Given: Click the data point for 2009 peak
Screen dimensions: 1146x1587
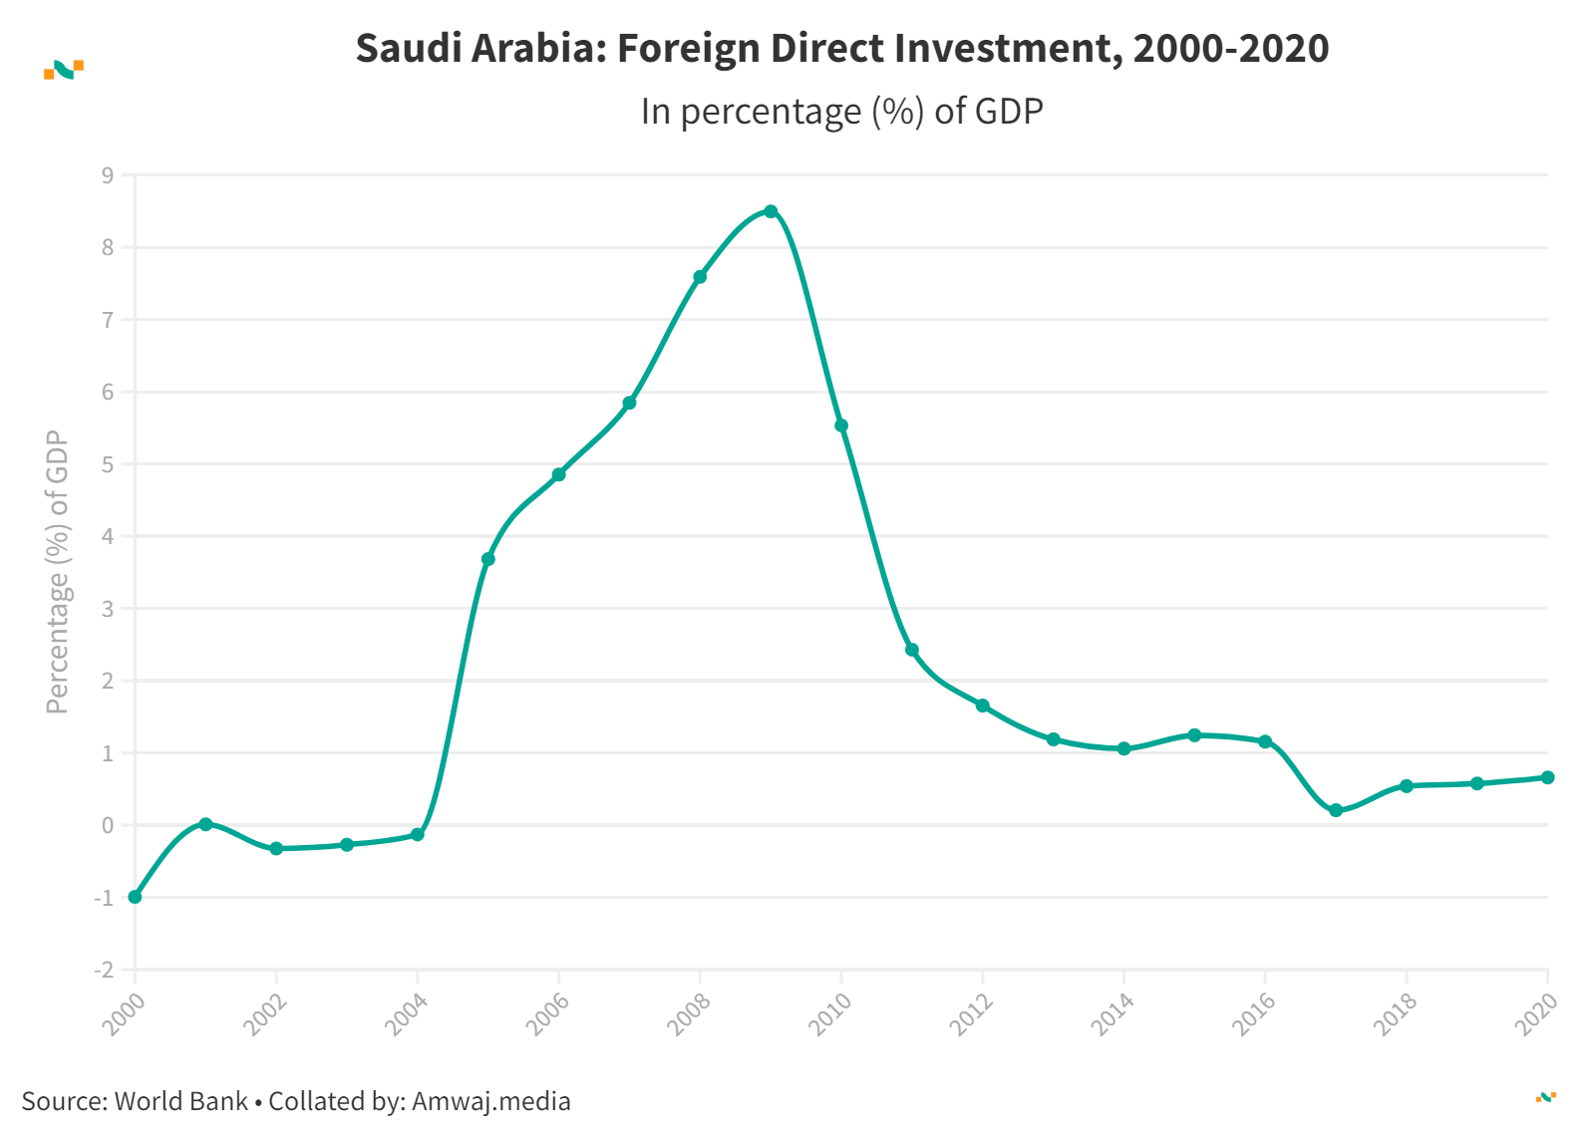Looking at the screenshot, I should (771, 211).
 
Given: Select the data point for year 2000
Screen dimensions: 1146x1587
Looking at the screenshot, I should (136, 897).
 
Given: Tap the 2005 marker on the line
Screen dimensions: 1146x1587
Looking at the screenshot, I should (488, 559).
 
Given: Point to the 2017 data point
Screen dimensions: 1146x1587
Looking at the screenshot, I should (1336, 810).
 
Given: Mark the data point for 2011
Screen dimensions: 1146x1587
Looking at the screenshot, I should (912, 650).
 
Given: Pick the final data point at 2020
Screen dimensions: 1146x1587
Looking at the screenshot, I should (1547, 777).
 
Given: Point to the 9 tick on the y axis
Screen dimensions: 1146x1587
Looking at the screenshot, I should (107, 175).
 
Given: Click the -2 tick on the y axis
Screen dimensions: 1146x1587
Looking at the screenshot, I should (104, 970).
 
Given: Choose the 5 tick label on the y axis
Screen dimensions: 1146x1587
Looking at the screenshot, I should (107, 464).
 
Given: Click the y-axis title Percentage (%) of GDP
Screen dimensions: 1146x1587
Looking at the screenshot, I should (58, 572).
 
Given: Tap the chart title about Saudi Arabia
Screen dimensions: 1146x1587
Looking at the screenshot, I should (841, 48).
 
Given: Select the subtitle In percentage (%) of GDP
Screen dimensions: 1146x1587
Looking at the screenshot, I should (841, 111).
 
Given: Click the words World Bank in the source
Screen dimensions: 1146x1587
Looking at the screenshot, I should (181, 1101).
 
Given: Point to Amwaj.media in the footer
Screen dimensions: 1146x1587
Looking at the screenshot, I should (490, 1101).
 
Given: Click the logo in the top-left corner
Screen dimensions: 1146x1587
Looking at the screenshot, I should (64, 69).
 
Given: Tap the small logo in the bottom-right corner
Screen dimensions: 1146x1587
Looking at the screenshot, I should (1545, 1097).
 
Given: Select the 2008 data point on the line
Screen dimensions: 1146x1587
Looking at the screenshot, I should (700, 277).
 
